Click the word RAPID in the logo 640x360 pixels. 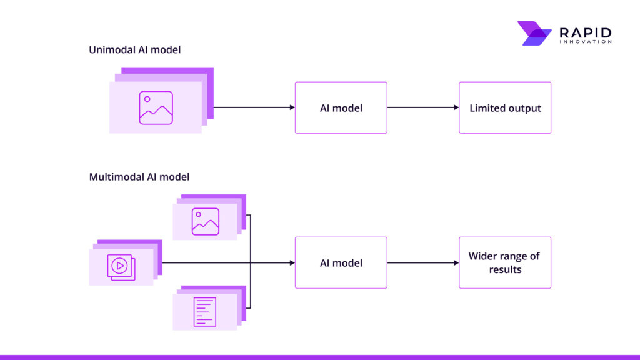(586, 32)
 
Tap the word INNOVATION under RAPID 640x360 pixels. (586, 42)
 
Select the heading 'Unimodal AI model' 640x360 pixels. (134, 49)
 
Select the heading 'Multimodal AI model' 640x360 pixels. (139, 177)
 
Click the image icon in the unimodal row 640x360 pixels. (156, 107)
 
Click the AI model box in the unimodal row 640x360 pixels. (341, 107)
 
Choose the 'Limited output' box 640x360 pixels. (505, 107)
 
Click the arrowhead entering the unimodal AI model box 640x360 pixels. (292, 107)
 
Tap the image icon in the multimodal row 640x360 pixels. (205, 221)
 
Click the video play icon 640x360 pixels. (120, 266)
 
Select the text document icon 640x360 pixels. (205, 311)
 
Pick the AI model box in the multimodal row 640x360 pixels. (341, 262)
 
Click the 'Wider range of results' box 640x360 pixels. (505, 262)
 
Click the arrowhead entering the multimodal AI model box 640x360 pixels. (292, 262)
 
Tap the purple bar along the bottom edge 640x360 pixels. (320, 357)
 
